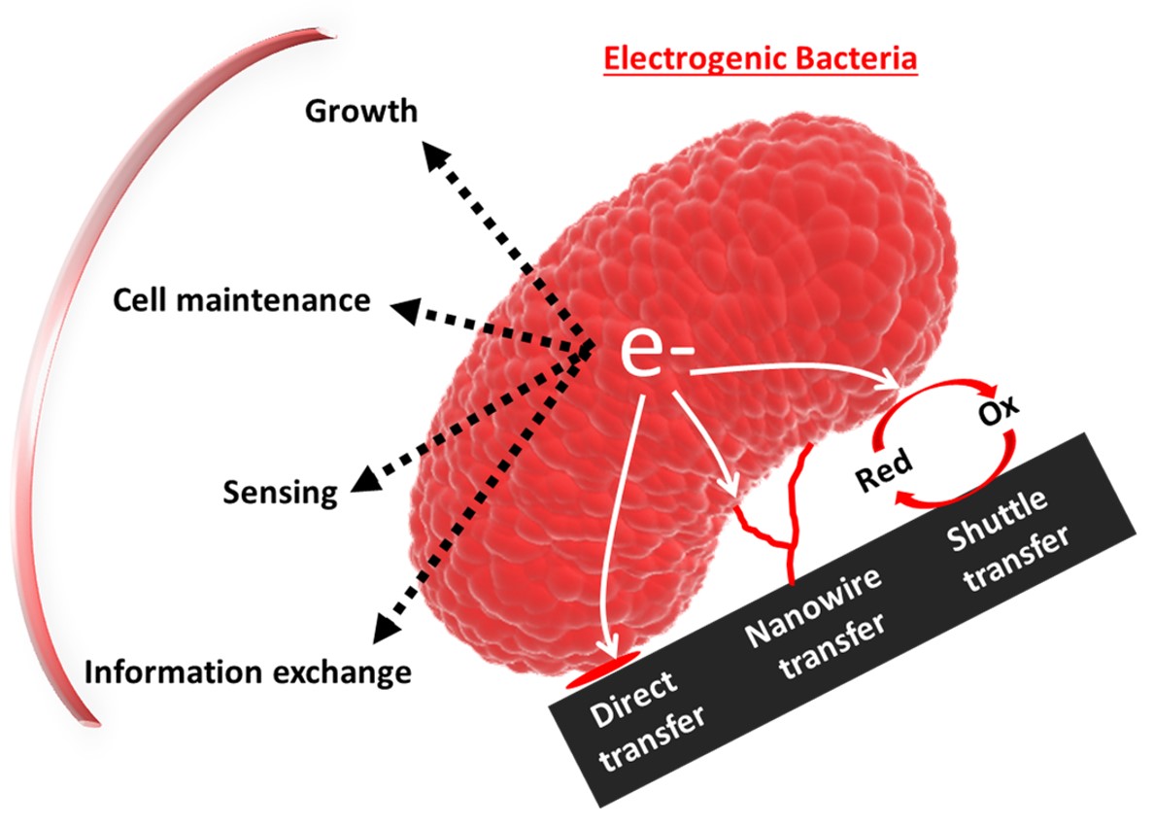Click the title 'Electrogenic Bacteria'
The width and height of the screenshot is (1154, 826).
(760, 58)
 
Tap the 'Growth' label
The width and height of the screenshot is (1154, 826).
(360, 111)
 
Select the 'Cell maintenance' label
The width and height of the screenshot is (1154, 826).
(241, 299)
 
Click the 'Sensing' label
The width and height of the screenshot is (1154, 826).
(280, 492)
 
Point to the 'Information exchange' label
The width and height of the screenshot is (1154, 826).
(247, 671)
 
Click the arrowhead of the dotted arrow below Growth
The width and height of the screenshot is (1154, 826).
(433, 153)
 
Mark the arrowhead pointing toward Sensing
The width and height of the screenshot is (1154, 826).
(363, 479)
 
